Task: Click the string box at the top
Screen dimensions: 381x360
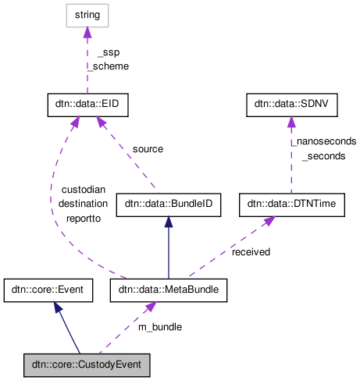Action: click(87, 14)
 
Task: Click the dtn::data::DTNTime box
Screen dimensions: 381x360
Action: click(291, 205)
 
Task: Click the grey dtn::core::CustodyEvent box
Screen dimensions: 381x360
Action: click(86, 364)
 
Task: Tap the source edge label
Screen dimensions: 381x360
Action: click(148, 148)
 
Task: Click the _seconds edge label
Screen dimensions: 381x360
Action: click(323, 156)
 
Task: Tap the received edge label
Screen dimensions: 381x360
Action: click(251, 252)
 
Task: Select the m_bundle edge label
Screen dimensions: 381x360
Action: click(160, 326)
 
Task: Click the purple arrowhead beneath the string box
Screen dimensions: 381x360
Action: click(87, 31)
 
